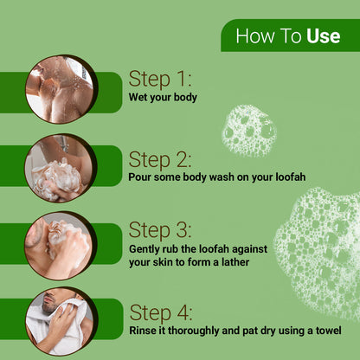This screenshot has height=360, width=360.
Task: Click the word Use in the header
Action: [x=323, y=37]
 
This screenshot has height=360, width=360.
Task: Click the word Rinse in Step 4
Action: [x=144, y=331]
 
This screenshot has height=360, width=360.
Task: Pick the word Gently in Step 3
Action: [x=146, y=249]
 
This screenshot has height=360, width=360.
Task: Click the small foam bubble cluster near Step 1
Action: [x=248, y=131]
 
